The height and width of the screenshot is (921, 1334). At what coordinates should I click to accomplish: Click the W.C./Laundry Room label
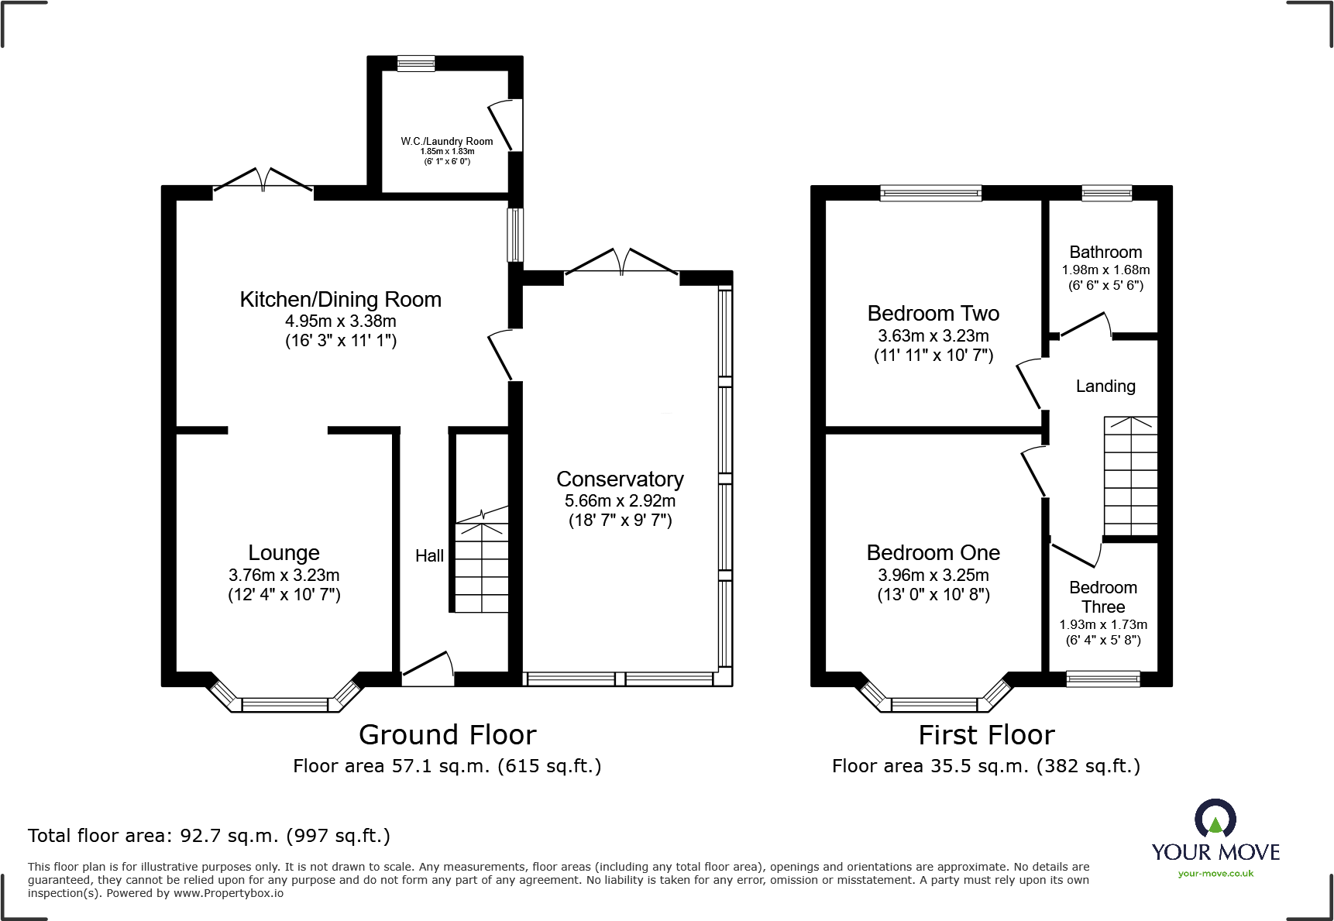pos(447,141)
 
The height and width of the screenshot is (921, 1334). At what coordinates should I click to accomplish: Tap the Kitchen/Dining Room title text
pos(340,300)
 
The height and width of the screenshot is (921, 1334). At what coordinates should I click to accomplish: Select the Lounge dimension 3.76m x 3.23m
pos(284,575)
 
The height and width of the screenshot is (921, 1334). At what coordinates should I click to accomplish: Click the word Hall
pos(429,555)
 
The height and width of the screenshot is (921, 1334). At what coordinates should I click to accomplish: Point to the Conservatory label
pos(620,479)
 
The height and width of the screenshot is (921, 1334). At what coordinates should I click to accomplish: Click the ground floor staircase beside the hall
pos(481,565)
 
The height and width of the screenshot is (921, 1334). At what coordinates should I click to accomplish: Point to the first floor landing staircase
pos(1130,476)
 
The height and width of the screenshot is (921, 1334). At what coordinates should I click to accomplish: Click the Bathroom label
pos(1105,253)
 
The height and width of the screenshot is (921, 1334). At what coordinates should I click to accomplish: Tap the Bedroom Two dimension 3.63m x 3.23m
pos(933,336)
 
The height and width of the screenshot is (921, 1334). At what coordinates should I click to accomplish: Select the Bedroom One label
pos(933,553)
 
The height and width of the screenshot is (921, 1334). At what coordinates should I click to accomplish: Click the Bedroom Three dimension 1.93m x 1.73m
pos(1103,624)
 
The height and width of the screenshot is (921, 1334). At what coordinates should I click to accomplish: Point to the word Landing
pos(1105,386)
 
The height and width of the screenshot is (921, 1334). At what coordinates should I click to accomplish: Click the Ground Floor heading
pos(447,734)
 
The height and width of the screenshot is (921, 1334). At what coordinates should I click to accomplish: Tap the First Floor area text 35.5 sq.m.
pos(985,766)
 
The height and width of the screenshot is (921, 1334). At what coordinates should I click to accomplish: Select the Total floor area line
pos(209,836)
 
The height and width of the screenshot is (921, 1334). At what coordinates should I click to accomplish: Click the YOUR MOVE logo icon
pos(1215,819)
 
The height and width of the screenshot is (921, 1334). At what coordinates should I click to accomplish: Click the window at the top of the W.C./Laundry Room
pos(416,64)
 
